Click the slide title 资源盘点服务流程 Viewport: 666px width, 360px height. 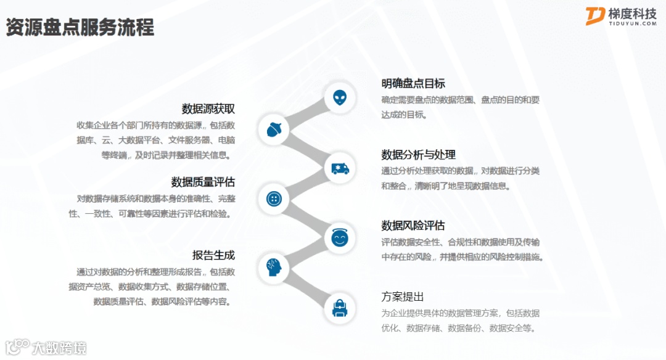[80, 28]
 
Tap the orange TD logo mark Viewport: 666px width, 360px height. [596, 16]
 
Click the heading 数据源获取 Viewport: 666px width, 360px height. [208, 109]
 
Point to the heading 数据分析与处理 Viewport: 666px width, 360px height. [419, 154]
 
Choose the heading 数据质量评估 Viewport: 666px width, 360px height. [203, 182]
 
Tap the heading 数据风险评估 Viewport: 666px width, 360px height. [413, 226]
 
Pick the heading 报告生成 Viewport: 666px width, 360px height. [213, 255]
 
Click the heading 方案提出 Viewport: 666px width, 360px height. [403, 297]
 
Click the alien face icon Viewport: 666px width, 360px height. [340, 97]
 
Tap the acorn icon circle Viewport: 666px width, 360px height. [274, 129]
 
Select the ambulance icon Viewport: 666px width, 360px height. [340, 168]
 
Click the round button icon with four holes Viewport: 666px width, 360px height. [274, 198]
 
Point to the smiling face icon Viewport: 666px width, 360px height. [340, 238]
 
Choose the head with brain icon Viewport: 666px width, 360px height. [274, 268]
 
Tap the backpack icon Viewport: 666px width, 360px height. [340, 307]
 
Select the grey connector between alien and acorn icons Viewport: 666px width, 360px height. [306, 113]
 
